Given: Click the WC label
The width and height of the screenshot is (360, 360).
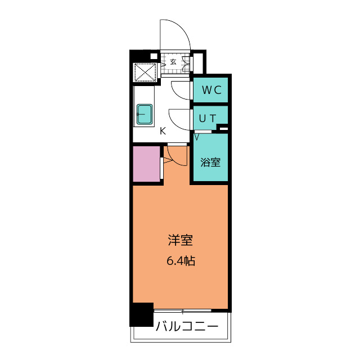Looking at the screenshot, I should (211, 90).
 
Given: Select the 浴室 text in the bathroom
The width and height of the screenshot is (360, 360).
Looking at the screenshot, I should (211, 163).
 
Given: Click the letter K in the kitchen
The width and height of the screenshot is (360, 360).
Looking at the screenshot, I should (163, 131).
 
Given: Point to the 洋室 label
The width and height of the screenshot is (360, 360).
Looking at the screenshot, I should (181, 241).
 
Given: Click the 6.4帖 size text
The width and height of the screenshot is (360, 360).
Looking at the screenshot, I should (181, 261).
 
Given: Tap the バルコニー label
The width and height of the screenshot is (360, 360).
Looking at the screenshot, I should (186, 326).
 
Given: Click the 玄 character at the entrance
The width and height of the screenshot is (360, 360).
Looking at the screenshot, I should (173, 62).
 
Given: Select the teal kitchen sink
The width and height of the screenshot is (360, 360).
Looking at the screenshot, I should (145, 115).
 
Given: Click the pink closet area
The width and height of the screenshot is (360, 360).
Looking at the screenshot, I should (147, 164).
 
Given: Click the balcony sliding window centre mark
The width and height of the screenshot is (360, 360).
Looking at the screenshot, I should (183, 310).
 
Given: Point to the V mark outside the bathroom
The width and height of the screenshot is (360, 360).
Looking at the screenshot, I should (197, 136).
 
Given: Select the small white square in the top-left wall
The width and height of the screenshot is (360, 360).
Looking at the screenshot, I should (154, 56).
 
